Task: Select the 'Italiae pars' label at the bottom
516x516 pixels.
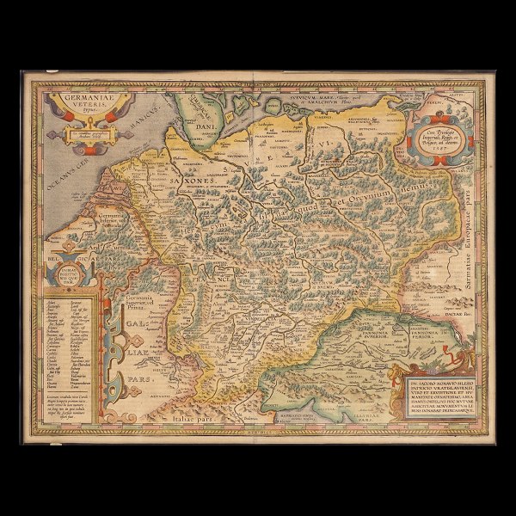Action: coord(173,415)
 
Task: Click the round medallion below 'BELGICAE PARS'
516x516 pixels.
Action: coord(68,274)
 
